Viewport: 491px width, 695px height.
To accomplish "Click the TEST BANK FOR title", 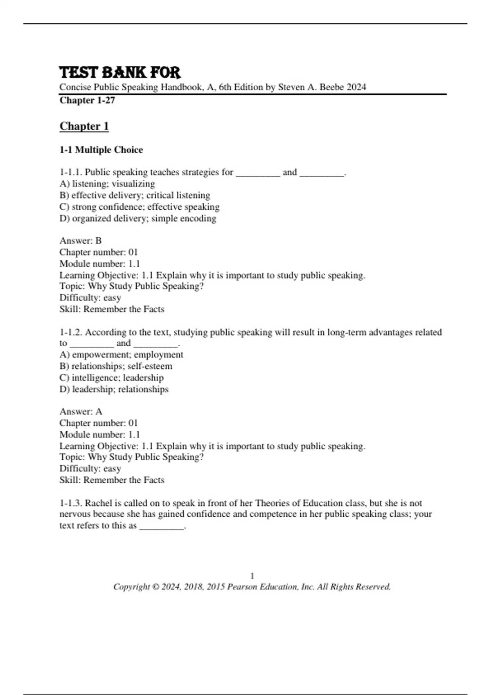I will click(119, 73).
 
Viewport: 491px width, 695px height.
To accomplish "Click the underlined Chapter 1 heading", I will click(84, 126).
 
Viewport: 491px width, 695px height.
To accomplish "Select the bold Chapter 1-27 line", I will click(87, 100).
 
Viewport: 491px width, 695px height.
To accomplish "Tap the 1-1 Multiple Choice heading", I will click(101, 150).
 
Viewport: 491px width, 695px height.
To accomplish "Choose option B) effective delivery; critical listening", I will click(135, 195).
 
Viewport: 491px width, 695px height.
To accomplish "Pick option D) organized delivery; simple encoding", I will click(137, 218).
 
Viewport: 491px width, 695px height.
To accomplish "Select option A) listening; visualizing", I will click(107, 184).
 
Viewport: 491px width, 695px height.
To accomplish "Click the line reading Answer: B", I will click(81, 240).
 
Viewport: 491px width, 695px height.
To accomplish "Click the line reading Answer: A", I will click(81, 411).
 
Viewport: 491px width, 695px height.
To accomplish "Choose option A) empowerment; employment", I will click(121, 354).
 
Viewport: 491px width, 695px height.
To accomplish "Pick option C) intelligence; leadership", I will click(111, 377).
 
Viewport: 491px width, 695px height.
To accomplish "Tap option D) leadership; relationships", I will click(114, 389).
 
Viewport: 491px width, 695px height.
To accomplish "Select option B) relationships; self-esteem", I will click(116, 366).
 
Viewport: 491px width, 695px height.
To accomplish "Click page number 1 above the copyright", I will click(252, 576).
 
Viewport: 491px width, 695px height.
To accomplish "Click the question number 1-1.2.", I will click(70, 332).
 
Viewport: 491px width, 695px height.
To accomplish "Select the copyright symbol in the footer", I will click(155, 587).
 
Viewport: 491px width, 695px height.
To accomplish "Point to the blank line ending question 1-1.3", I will click(162, 527).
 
